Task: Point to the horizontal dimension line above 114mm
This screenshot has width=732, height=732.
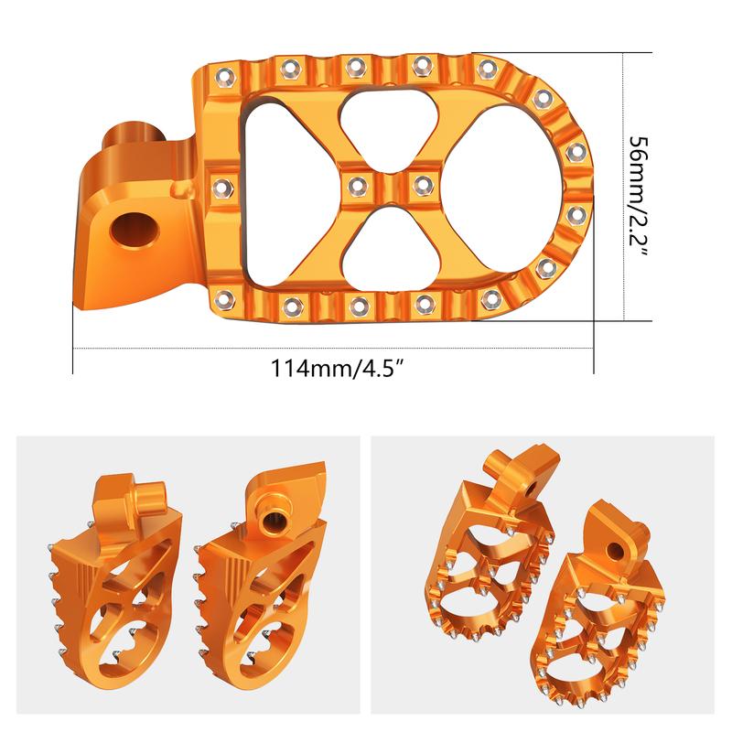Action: pos(334,349)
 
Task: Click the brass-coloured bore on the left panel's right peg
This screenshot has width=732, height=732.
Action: pos(272,522)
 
